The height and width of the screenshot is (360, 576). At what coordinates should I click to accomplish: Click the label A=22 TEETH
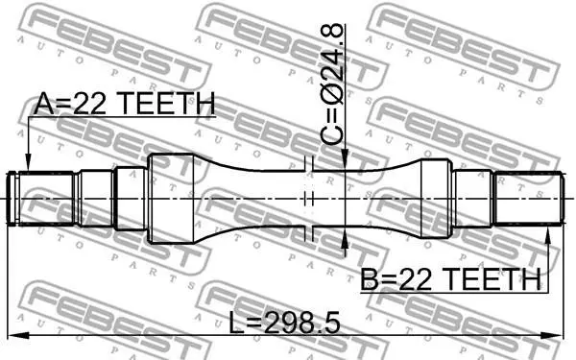(x=124, y=104)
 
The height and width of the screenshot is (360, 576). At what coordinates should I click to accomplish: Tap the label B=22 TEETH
(x=450, y=279)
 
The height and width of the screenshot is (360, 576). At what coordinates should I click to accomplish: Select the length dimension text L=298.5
(x=284, y=323)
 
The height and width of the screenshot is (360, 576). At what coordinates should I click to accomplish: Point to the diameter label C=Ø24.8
(x=332, y=84)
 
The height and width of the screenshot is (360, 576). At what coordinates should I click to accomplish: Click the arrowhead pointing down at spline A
(x=28, y=163)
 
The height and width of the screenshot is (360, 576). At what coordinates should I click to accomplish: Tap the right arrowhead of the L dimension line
(x=553, y=335)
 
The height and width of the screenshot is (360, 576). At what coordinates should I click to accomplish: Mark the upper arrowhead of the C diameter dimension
(x=345, y=161)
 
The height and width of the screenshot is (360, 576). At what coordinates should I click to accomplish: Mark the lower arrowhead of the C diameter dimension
(x=345, y=238)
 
